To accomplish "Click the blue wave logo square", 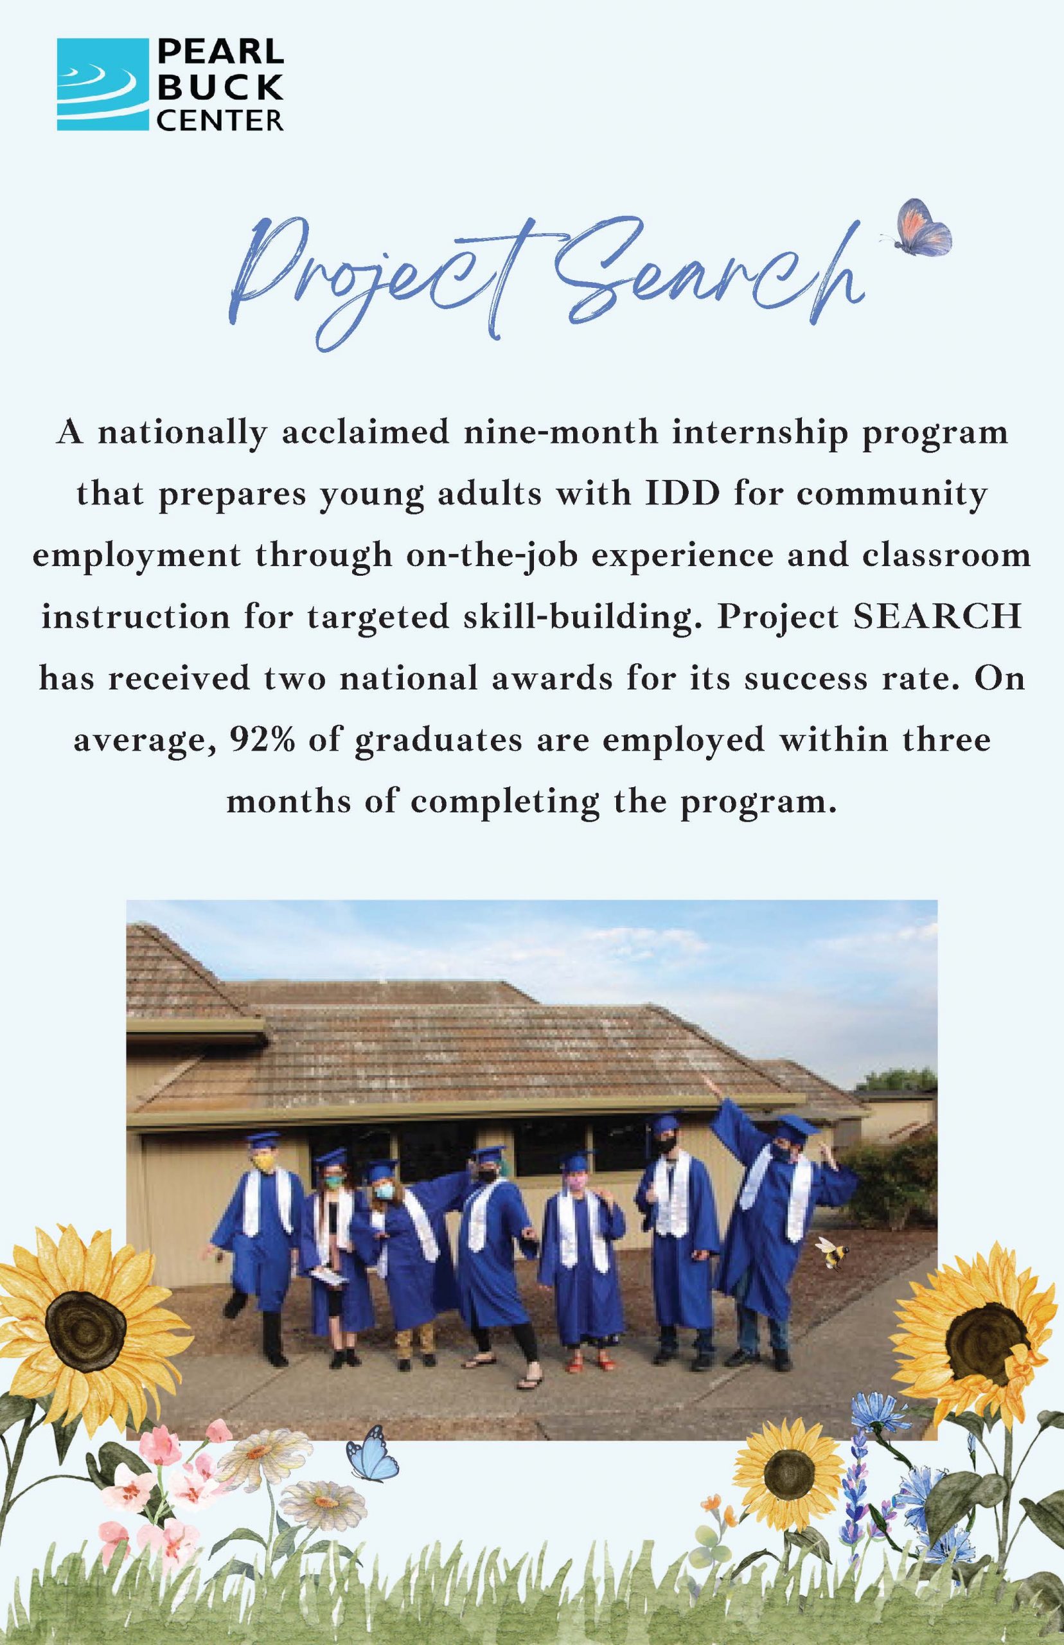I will tap(102, 84).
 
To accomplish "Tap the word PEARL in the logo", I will tap(221, 53).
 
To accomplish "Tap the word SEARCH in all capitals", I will tap(937, 617).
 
